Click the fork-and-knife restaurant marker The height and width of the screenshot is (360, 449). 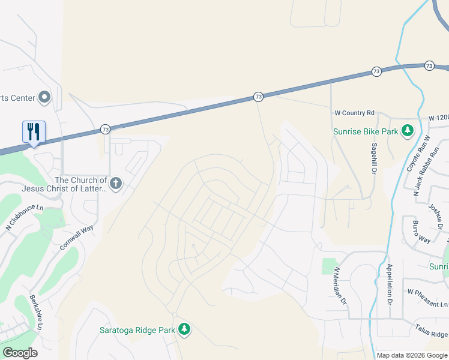34,132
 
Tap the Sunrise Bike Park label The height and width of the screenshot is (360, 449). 367,131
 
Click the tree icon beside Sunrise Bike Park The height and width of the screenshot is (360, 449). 408,130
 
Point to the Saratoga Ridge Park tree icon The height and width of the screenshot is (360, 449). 185,329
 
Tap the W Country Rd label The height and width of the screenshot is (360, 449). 354,113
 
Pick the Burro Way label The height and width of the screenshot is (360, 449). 421,232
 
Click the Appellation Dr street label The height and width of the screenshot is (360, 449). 390,282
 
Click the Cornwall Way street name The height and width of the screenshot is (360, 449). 77,238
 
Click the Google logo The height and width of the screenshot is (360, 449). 20,353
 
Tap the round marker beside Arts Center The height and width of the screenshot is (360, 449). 44,97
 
